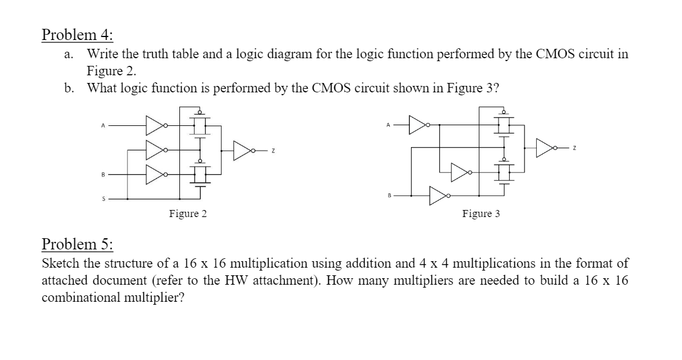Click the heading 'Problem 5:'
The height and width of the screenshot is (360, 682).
(71, 244)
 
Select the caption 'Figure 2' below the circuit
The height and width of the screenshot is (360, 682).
(188, 214)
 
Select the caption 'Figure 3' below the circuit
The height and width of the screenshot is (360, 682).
(481, 214)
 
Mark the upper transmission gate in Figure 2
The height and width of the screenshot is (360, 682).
(200, 124)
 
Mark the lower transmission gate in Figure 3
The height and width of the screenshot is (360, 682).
(504, 172)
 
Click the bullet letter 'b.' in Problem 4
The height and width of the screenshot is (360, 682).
(70, 88)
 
